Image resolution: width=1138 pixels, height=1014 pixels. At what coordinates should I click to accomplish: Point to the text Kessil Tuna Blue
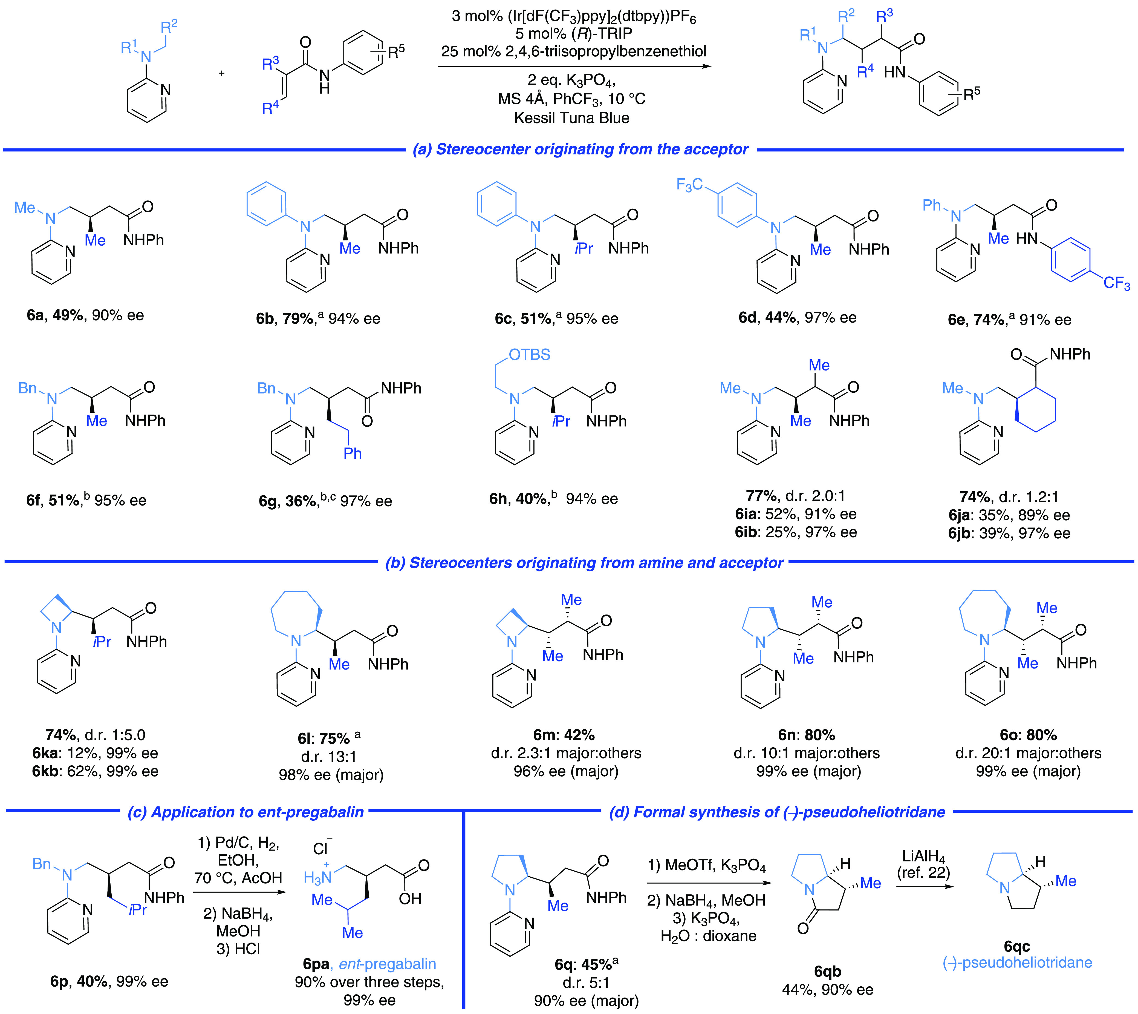[572, 118]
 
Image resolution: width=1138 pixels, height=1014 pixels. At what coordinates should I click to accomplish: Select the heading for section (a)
[580, 149]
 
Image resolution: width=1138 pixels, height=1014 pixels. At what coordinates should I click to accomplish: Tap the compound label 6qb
[827, 972]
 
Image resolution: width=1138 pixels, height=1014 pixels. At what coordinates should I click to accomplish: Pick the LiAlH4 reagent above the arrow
[924, 856]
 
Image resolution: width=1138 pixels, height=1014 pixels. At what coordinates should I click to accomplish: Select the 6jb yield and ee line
[1009, 533]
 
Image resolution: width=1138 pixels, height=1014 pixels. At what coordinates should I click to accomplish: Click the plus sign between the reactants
[222, 73]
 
